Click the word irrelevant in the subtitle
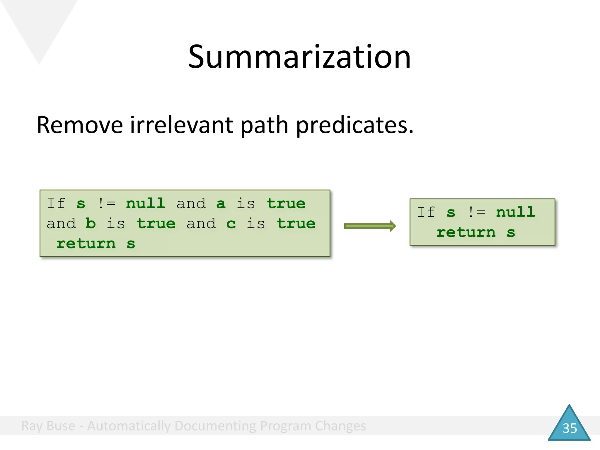click(182, 125)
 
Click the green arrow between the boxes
click(370, 226)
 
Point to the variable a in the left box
click(221, 204)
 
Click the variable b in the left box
click(91, 224)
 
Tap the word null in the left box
click(146, 203)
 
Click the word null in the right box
click(516, 212)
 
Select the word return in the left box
click(86, 244)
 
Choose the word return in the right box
click(466, 233)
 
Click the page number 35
click(570, 428)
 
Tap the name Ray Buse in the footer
click(48, 426)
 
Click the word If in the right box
click(426, 212)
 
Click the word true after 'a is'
click(286, 203)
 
